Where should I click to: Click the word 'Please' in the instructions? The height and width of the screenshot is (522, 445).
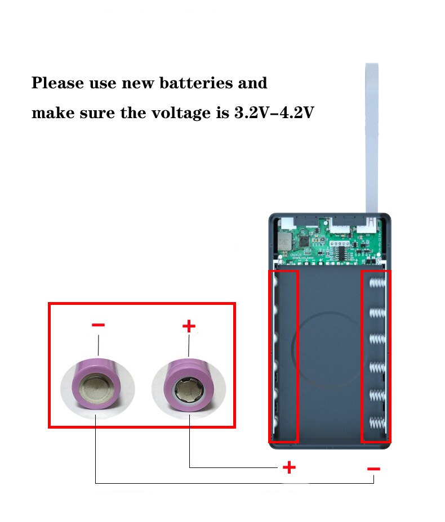click(x=57, y=84)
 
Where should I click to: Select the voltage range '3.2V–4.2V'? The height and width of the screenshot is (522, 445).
click(x=274, y=112)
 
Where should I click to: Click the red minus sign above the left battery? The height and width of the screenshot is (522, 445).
click(x=98, y=325)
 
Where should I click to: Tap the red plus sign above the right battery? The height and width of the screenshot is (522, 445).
click(x=189, y=325)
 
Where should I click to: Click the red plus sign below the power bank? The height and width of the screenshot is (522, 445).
click(x=289, y=467)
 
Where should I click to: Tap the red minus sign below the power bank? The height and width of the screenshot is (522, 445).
click(x=373, y=468)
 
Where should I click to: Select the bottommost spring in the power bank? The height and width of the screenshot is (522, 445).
click(x=377, y=424)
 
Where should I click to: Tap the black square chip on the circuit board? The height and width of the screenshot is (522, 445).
click(x=305, y=241)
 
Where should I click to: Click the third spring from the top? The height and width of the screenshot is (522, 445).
click(x=377, y=340)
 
